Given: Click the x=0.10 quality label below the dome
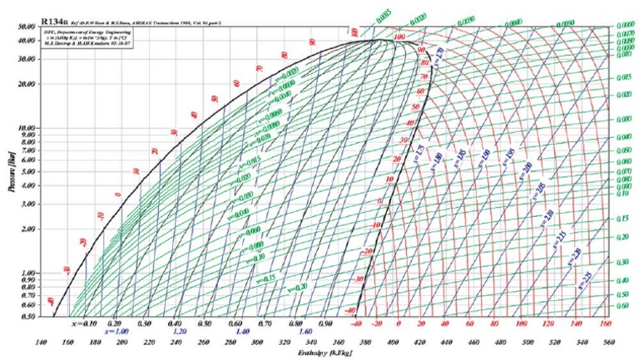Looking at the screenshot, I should point(85,322).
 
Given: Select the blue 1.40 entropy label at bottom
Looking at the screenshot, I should point(239,331).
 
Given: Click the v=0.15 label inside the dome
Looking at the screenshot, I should point(266,278).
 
